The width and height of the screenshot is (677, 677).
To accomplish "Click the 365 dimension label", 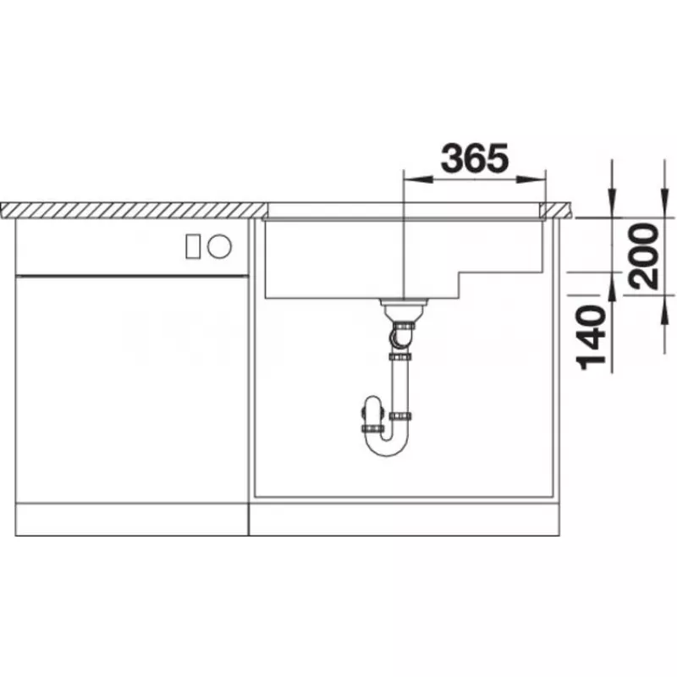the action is (x=475, y=157).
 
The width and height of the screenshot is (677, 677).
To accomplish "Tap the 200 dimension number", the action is (x=644, y=256).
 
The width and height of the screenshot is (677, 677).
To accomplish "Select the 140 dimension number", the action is (x=592, y=338).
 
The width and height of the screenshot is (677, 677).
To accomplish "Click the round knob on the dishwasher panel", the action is (x=219, y=246).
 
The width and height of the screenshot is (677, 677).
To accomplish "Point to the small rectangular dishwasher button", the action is (x=193, y=246).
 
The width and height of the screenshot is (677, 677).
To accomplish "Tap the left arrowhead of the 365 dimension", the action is (x=417, y=179).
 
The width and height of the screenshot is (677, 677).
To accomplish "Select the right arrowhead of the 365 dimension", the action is (x=531, y=179).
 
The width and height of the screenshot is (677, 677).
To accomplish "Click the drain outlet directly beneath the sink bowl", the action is (x=404, y=307).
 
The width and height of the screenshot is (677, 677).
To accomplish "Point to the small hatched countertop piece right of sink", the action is (x=557, y=210).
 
